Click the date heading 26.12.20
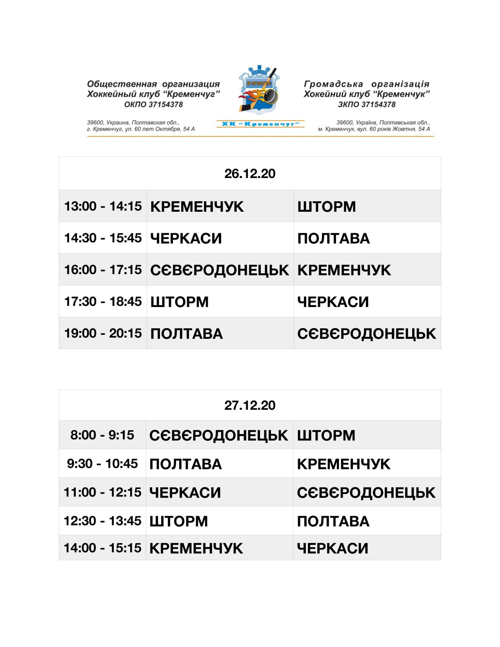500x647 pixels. coord(250,174)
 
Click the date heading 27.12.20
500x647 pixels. coord(250,405)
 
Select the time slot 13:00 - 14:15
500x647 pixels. coord(103,206)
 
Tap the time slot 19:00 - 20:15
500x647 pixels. coord(103,333)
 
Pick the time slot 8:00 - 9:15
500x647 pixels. coord(102,435)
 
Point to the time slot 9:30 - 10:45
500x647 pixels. coord(102,463)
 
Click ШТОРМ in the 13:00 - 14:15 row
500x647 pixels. coord(326,207)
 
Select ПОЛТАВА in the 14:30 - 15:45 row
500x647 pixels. coord(333,238)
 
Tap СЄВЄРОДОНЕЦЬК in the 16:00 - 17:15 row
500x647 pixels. coord(219,270)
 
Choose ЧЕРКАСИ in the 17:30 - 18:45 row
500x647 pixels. coord(333,302)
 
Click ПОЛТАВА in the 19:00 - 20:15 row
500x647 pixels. coord(186,334)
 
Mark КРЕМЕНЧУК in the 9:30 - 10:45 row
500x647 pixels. coord(344,464)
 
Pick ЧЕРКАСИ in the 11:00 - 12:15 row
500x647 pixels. coord(185,493)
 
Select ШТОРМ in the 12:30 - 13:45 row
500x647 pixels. coord(178,521)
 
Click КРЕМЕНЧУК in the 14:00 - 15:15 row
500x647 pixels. coord(196,548)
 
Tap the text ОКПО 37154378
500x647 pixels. coord(153,104)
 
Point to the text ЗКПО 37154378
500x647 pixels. coord(367,104)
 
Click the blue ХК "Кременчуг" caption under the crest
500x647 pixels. coord(260,124)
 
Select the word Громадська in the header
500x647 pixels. coord(333,84)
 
